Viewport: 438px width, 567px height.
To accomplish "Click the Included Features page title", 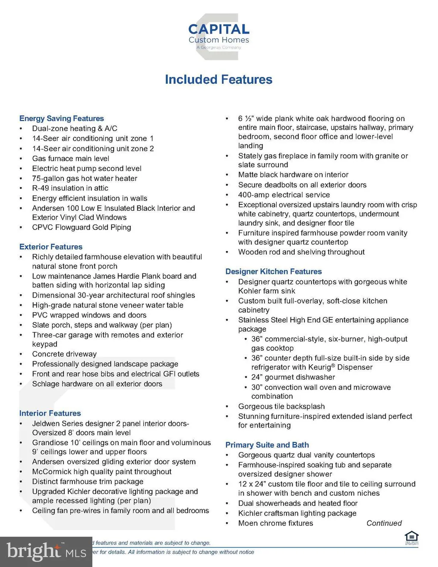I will pos(219,80).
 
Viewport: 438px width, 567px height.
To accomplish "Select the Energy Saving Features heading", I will pos(62,118).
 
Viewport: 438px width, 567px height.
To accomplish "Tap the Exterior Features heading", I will pos(51,247).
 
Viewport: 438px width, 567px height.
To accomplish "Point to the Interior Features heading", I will pos(50,413).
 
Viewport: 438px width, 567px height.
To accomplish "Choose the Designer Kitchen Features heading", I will pos(273,272).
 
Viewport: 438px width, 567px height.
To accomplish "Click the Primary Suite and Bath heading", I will pos(267,445).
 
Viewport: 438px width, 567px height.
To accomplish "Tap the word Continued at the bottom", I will pos(384,523).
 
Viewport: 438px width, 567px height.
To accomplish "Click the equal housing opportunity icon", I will pos(411,537).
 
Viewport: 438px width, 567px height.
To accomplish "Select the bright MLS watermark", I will pos(46,552).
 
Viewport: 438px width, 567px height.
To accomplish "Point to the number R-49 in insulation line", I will pos(41,188).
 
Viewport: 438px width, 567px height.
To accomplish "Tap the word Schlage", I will pos(46,384).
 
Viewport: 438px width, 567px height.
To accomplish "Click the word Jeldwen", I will pos(46,423).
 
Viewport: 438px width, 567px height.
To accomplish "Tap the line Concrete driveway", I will pos(64,354).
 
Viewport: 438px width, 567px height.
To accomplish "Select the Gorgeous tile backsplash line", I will pos(281,406).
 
